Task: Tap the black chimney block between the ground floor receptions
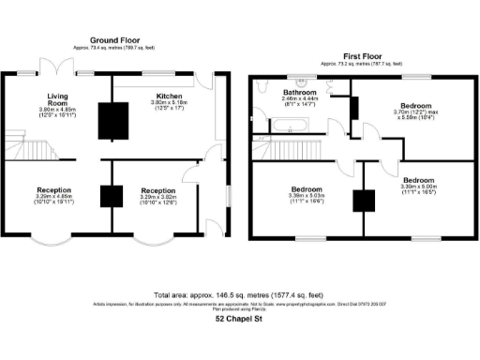pyautogui.click(x=112, y=196)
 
